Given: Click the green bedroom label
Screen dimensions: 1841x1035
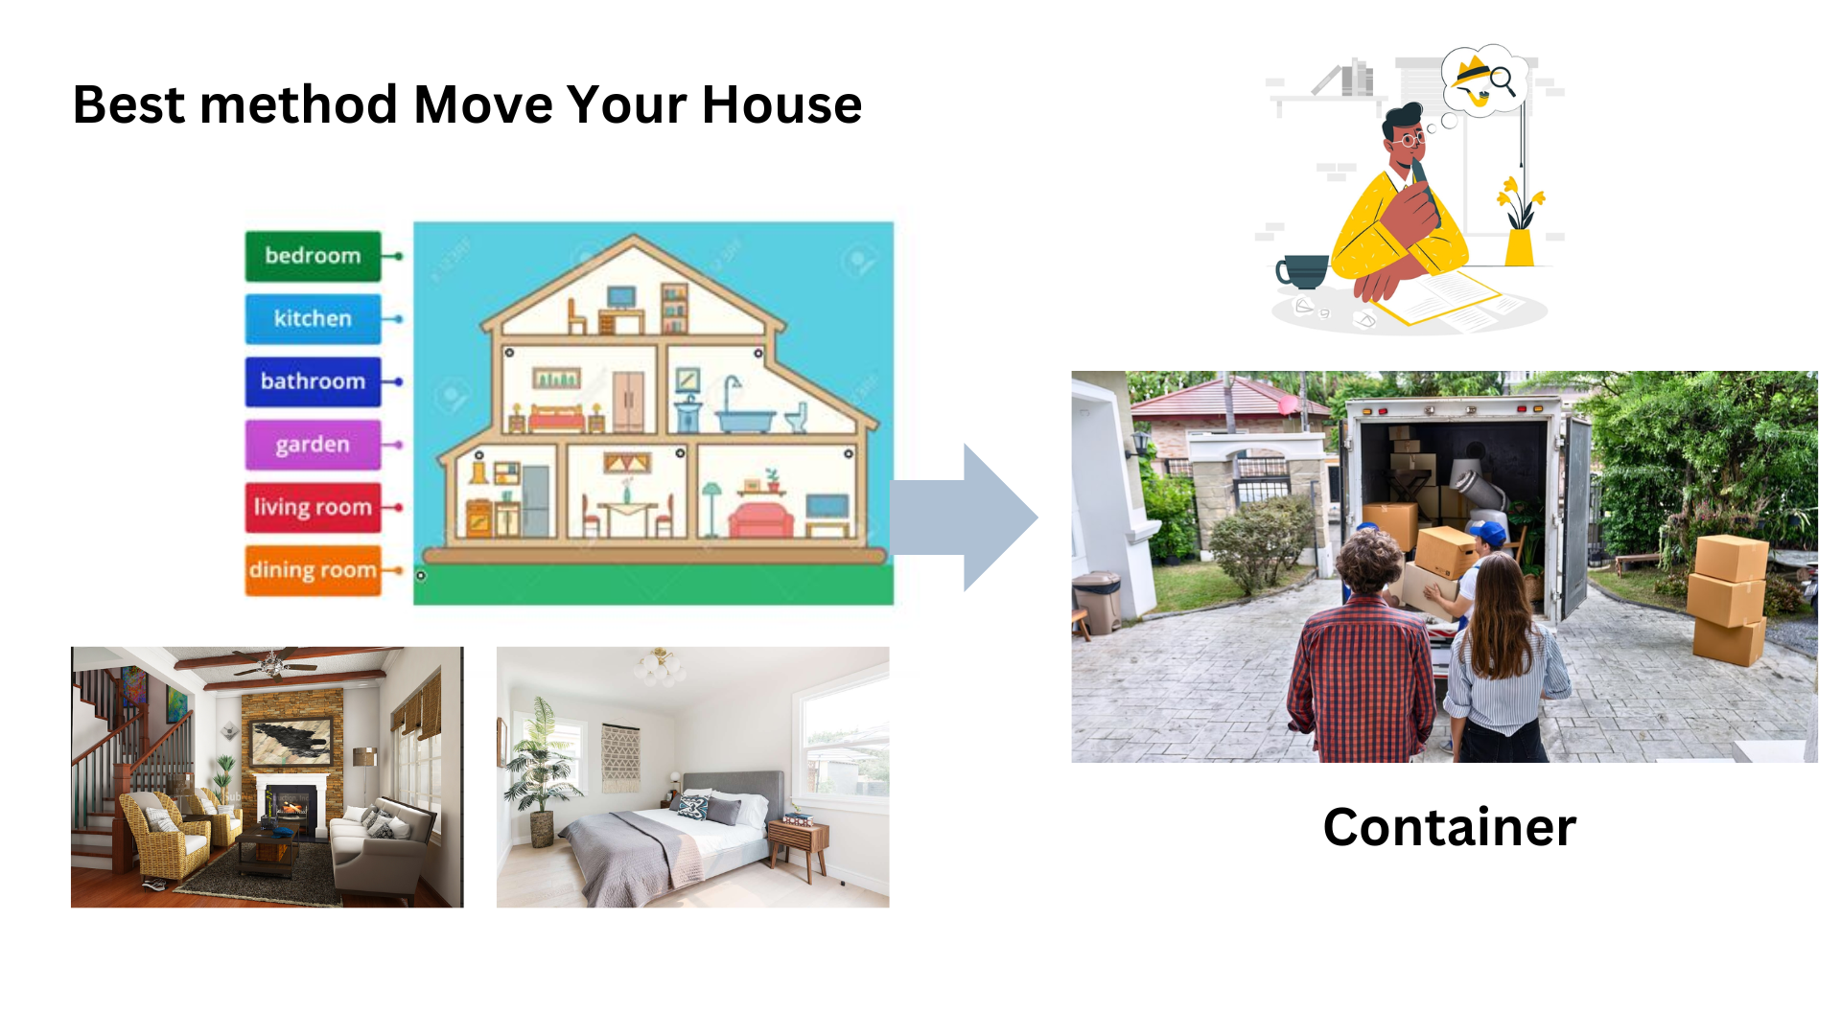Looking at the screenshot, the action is click(313, 256).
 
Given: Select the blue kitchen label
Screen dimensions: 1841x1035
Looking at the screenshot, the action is click(313, 318).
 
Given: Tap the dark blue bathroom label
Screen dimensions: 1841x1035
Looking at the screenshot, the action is click(313, 381).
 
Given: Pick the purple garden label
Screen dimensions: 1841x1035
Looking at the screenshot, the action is click(313, 445).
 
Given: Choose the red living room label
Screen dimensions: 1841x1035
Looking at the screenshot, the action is click(313, 507).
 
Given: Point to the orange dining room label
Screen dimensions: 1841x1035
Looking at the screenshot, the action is click(313, 570).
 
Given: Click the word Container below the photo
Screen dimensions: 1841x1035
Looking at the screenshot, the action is click(1449, 827).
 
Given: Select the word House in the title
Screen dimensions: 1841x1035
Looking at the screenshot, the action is click(781, 104).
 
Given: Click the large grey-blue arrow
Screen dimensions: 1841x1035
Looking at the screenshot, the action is click(964, 517).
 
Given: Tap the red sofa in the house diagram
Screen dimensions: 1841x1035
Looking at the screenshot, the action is click(761, 519).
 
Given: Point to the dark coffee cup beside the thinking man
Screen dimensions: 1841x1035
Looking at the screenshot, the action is click(1301, 271).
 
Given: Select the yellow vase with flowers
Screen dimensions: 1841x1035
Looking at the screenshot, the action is click(1520, 220).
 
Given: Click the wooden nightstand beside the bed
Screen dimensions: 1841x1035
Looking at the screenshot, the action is click(799, 847).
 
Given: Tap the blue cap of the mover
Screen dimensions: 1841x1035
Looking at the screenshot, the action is click(1487, 533).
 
